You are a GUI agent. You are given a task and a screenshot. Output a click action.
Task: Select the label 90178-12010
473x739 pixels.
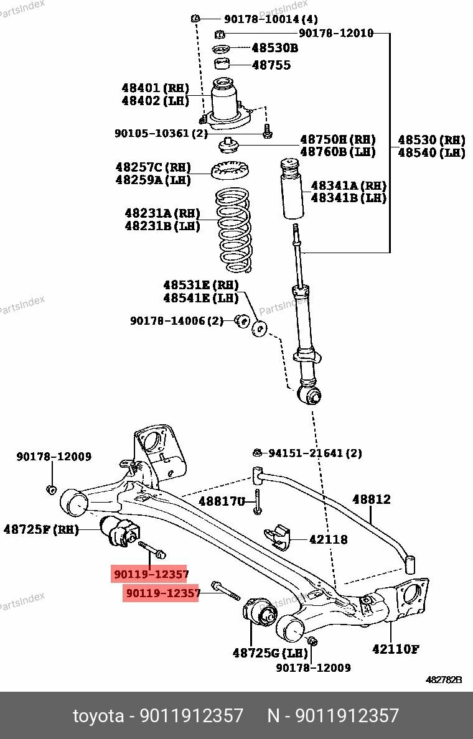coord(336,33)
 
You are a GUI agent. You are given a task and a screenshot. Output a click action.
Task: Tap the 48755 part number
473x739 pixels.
coord(271,65)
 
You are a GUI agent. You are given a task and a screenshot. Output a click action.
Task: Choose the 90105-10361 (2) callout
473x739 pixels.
coord(161,133)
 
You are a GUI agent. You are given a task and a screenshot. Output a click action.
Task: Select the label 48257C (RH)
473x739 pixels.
coord(152,167)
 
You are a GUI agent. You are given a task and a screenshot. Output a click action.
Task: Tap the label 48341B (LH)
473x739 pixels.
coord(349,198)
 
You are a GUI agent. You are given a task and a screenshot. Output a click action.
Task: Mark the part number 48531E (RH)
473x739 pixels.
coord(200,285)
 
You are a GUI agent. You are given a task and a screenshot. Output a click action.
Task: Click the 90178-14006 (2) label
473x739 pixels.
coord(176,321)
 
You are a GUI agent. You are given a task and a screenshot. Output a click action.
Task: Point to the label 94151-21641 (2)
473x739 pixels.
coord(315,453)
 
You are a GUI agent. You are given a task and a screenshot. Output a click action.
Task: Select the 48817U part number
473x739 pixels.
coord(222,501)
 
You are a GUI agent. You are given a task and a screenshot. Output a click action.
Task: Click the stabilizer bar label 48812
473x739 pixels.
coord(372,499)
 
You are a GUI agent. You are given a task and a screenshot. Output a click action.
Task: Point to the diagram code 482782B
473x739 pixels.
coord(444,681)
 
